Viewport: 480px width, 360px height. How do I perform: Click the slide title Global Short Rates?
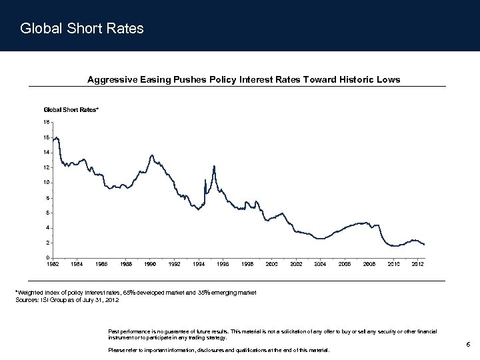point(82,29)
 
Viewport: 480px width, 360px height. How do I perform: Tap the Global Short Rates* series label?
point(71,109)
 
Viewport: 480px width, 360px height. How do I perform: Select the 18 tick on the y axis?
point(47,122)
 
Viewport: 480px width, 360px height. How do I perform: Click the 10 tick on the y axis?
point(47,183)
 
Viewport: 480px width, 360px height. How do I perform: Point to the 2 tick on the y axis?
point(47,243)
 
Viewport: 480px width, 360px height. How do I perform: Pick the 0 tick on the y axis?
point(47,258)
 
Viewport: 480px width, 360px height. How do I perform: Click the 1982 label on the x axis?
point(52,265)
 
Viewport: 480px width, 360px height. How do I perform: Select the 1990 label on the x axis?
point(150,265)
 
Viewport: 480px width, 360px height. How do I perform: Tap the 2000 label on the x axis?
point(272,265)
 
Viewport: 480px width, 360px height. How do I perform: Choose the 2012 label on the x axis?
point(418,265)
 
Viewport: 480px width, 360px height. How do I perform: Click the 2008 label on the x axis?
point(369,265)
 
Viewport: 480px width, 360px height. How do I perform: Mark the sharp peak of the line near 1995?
point(214,166)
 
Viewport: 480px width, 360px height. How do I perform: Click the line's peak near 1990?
point(152,155)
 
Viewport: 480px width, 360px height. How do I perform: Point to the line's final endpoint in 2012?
point(424,245)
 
